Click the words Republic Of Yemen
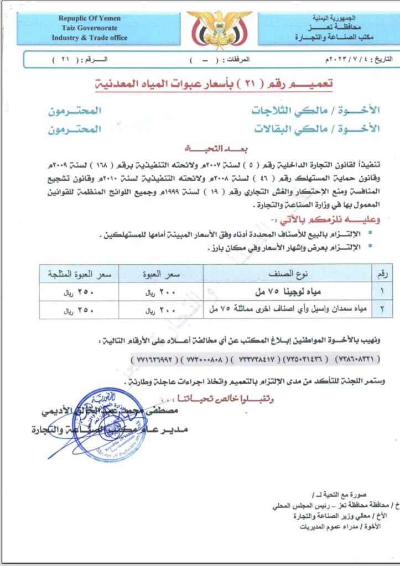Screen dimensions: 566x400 [90, 18]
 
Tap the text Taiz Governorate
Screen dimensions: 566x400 [90, 28]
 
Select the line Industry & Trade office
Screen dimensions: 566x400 [90, 38]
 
